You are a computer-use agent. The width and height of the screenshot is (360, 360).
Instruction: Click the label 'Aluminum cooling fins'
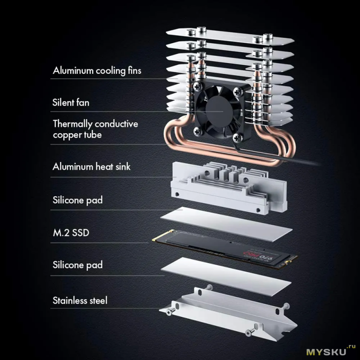(97, 71)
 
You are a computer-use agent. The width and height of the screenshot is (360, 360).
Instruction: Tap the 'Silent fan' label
(71, 103)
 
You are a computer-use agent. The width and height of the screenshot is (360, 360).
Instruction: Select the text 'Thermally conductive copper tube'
(95, 129)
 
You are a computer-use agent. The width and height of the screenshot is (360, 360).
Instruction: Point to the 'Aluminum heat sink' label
(91, 166)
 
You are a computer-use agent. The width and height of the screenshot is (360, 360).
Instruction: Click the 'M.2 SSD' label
(71, 233)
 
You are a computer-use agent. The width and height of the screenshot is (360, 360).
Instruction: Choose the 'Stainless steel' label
(80, 300)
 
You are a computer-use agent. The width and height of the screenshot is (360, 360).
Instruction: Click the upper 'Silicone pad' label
(77, 200)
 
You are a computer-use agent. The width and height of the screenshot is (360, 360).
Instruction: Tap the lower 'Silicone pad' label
(77, 265)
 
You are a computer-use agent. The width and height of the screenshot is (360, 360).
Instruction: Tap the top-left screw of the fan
(198, 86)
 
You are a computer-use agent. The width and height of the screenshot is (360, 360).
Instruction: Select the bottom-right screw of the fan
(238, 138)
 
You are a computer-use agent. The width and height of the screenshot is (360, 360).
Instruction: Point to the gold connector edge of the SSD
(162, 235)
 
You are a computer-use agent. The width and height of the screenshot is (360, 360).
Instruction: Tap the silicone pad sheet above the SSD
(226, 224)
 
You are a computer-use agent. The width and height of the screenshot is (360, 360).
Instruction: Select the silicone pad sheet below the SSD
(226, 276)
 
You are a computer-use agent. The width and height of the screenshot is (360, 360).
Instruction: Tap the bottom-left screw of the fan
(198, 131)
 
